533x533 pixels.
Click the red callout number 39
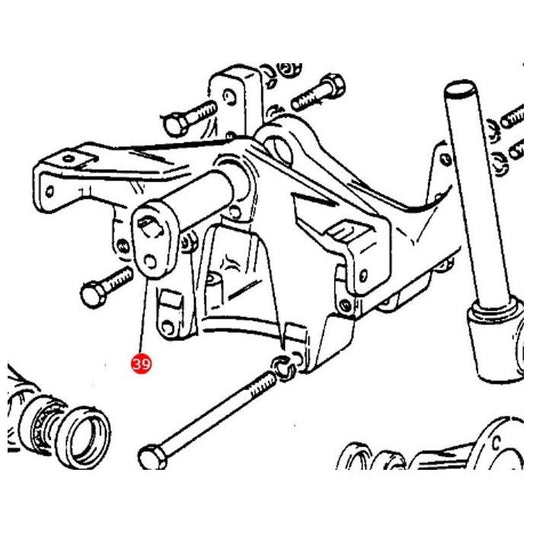tap(141, 364)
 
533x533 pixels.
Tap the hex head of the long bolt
tap(152, 457)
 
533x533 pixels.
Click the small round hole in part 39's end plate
tap(150, 262)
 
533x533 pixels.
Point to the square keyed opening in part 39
tap(149, 227)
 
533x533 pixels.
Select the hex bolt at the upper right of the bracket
tap(319, 92)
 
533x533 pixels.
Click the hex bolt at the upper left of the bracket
tap(190, 118)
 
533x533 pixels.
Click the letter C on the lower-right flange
tap(497, 443)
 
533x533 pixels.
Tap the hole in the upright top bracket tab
tap(229, 97)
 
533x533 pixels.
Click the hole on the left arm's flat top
tap(69, 158)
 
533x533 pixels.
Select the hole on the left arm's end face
tap(50, 192)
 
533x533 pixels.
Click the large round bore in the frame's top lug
tap(279, 151)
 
